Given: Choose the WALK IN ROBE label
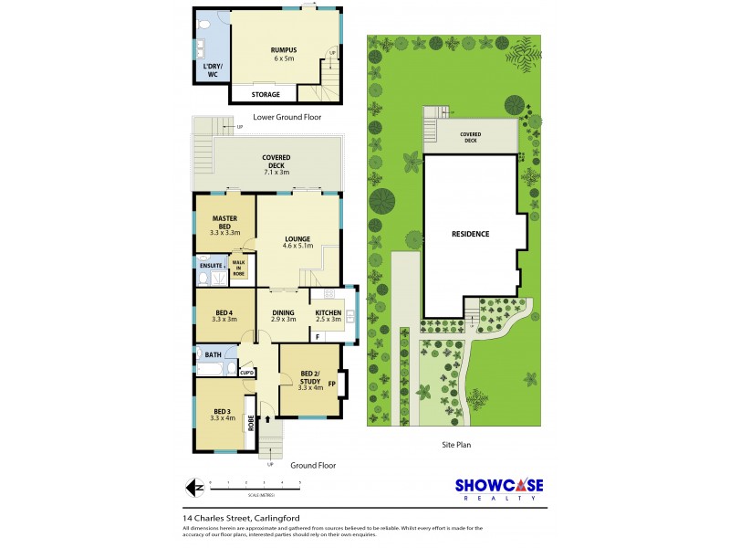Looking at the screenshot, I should point(239,268).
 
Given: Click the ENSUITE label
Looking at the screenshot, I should point(211,266).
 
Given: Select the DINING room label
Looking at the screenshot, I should point(283,315).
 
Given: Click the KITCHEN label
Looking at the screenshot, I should point(327,315).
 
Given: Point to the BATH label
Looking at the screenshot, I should point(213,354).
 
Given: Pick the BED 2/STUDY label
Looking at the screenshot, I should point(311,380).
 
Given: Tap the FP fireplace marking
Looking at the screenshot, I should point(332,384).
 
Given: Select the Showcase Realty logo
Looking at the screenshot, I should point(498,489).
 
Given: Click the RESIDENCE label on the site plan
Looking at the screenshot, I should point(471,234).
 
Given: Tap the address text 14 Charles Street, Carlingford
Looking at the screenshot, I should point(242,519).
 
